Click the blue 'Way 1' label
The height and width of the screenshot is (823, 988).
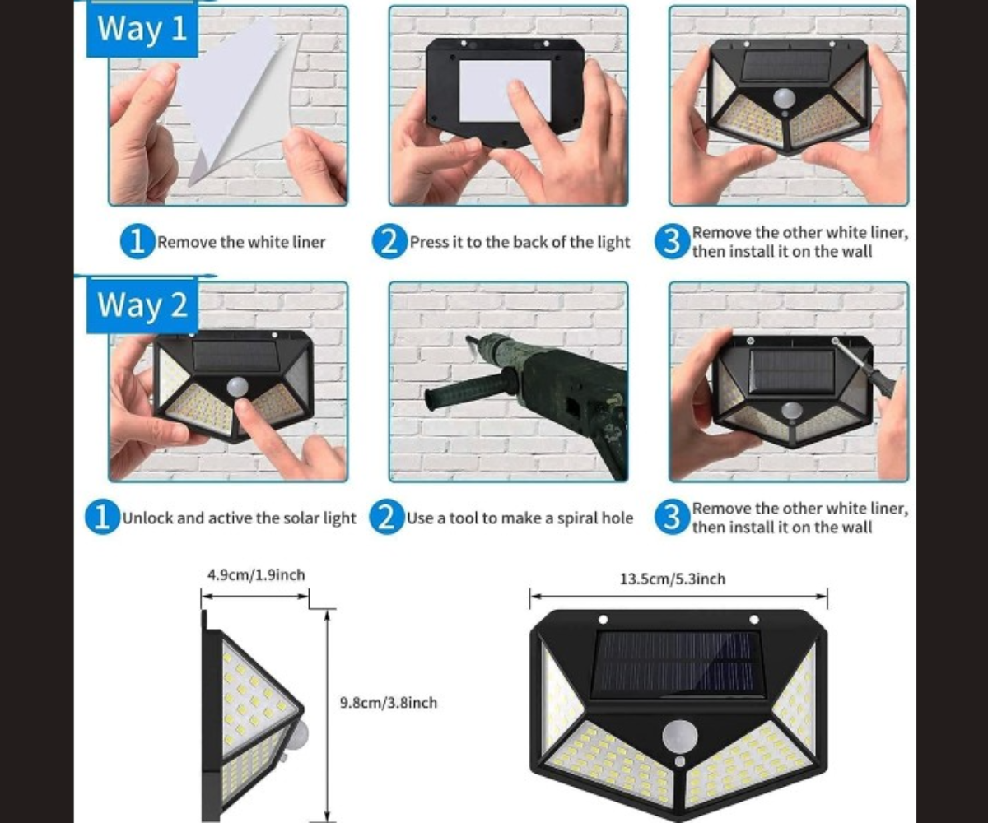(x=142, y=30)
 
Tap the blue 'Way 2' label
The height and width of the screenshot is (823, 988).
(x=142, y=305)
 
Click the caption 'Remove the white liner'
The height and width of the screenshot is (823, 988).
(x=241, y=242)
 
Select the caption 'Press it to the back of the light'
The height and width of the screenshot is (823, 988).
(x=520, y=242)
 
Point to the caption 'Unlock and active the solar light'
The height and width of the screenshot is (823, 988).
(x=239, y=518)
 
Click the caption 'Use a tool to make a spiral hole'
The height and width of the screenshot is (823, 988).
(x=520, y=518)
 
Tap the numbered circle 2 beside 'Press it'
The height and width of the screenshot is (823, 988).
(x=389, y=242)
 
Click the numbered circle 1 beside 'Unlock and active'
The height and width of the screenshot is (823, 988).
(x=102, y=518)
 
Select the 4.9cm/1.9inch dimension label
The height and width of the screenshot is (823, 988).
(x=256, y=575)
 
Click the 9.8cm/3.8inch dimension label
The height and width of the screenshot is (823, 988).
(x=389, y=703)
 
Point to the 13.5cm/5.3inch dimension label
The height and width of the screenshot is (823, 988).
(x=673, y=579)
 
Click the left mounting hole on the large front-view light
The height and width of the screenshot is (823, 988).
(x=603, y=619)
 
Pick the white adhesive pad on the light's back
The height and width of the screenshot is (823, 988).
(x=505, y=91)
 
